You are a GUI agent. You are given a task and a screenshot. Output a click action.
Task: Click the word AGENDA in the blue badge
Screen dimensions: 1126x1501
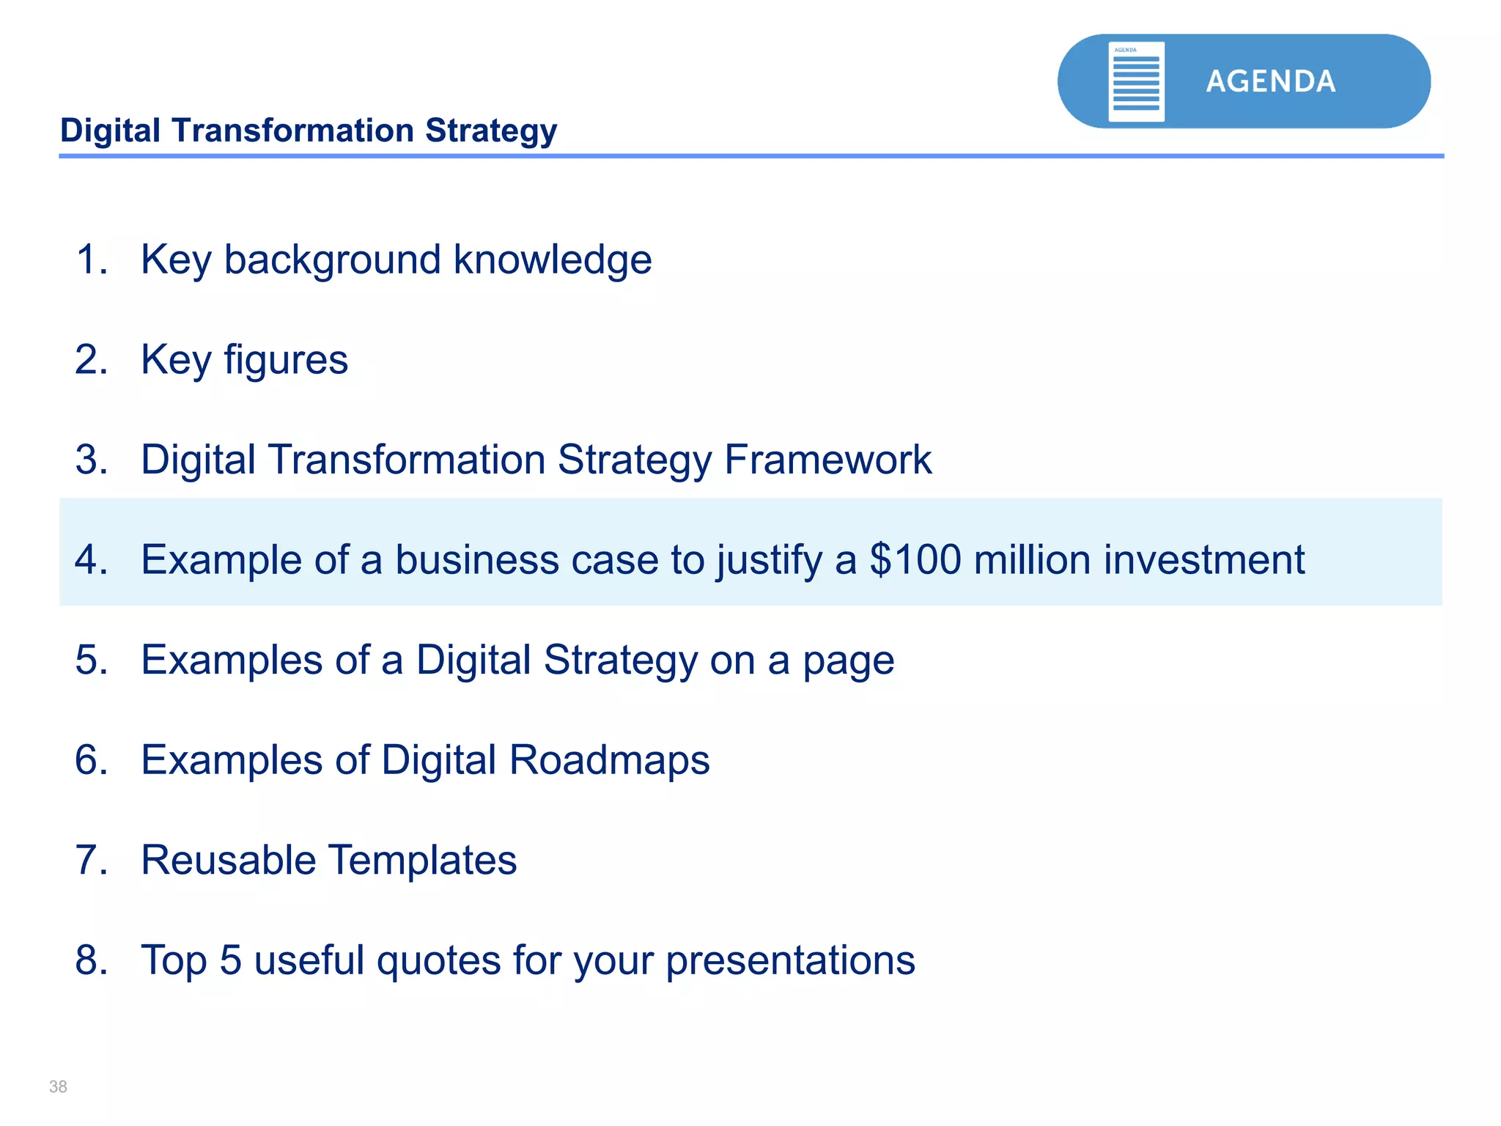(x=1270, y=81)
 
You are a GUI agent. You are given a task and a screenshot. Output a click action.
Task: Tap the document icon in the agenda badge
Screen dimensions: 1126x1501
(x=1136, y=81)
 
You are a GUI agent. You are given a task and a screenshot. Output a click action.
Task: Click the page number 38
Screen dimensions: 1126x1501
(x=58, y=1086)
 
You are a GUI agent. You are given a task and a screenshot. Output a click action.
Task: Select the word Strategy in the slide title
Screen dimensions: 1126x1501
(x=491, y=131)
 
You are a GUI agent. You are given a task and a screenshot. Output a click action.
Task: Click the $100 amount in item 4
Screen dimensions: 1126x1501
(x=915, y=560)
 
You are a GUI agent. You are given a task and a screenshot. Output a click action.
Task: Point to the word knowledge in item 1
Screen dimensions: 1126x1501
(x=553, y=260)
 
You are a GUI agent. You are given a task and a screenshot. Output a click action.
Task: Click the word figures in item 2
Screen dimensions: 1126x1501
(x=285, y=360)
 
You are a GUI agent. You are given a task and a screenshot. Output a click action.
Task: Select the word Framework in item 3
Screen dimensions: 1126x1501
(x=827, y=460)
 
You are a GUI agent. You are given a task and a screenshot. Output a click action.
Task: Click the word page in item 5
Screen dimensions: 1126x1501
(x=848, y=660)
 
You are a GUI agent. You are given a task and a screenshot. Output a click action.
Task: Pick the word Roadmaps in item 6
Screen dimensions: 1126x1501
(x=609, y=760)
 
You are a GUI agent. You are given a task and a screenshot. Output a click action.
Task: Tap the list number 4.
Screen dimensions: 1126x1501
(x=90, y=560)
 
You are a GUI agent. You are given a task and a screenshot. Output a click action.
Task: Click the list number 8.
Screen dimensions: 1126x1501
(x=90, y=960)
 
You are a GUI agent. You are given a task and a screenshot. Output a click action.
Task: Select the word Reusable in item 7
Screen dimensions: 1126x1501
(x=228, y=860)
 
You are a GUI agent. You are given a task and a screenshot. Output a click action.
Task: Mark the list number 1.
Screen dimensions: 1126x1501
(x=90, y=260)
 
